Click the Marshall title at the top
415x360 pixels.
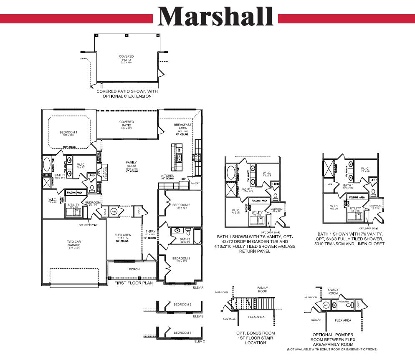216,17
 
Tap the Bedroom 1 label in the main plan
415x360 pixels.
68,132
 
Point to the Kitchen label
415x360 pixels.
168,176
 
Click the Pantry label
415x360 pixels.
195,183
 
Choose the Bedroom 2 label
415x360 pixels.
181,205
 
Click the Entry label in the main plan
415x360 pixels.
150,232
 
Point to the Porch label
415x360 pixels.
134,269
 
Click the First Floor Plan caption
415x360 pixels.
134,283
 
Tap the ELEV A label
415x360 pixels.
198,287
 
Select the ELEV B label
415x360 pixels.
198,316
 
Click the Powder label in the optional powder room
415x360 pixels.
344,301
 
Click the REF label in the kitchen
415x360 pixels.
183,179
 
